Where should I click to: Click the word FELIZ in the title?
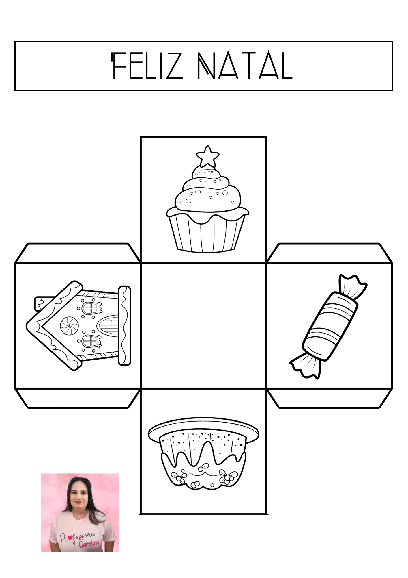[x=147, y=66]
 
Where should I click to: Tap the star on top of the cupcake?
[x=207, y=156]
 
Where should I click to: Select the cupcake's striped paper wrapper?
[x=207, y=234]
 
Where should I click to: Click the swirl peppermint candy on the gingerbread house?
[x=69, y=326]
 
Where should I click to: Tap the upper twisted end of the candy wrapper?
[x=353, y=286]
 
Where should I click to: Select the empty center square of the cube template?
[x=204, y=326]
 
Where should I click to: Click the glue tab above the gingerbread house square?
[x=78, y=253]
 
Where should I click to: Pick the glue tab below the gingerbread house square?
[x=78, y=398]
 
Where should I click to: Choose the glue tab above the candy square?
[x=330, y=253]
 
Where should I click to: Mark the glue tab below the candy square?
[x=330, y=398]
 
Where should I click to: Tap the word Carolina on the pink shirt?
[x=89, y=544]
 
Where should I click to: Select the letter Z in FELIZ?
[x=175, y=66]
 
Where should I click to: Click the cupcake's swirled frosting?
[x=207, y=191]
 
